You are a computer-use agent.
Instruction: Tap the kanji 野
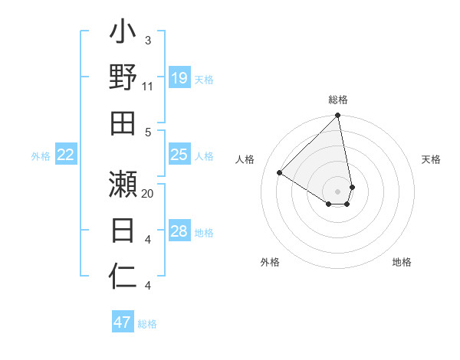point(123,77)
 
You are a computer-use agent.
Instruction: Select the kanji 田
point(123,123)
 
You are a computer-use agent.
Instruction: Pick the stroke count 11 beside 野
point(147,87)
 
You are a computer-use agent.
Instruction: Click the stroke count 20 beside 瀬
point(148,194)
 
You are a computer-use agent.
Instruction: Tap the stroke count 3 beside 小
point(147,40)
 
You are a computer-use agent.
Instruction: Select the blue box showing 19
point(179,78)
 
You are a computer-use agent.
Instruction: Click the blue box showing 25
point(179,155)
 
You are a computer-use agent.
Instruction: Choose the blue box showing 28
point(179,232)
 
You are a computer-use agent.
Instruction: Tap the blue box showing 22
point(66,155)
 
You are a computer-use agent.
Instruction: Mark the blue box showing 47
point(123,322)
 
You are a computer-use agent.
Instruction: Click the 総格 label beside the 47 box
point(147,324)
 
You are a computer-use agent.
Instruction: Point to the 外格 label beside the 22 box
point(41,156)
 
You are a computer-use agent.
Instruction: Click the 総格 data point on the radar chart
point(337,116)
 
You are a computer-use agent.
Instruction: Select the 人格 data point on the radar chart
point(280,173)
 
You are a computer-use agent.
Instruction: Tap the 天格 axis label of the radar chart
point(431,159)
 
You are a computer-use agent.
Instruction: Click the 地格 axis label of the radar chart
point(402,263)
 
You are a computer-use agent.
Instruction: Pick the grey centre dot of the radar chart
point(337,191)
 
